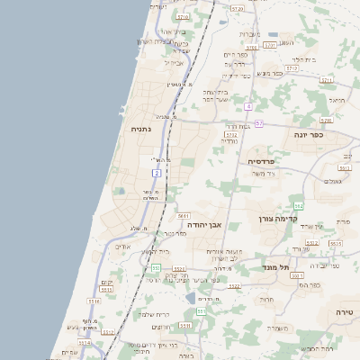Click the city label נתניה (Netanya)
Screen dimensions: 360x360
(141, 129)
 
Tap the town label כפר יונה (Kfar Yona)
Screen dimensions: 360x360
(308, 134)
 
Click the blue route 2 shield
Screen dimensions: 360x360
(157, 172)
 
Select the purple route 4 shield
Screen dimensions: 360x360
(247, 105)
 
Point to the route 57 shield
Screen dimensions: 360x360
(258, 123)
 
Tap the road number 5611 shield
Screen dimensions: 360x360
(184, 216)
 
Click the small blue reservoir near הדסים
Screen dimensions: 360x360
(190, 296)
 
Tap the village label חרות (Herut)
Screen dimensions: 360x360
(266, 299)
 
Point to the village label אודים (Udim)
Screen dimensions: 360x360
(123, 246)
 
